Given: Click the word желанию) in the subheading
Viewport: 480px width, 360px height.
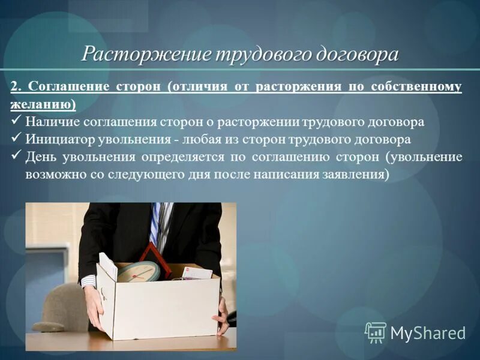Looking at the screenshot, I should coord(43,104).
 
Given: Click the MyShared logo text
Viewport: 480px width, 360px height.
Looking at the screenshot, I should coord(428,333).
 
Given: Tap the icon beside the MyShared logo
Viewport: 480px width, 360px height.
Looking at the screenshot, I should coord(376,332).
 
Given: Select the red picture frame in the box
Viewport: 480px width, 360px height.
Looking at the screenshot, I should coord(155,257).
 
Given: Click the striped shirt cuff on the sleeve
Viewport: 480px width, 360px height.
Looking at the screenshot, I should coord(88,281).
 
